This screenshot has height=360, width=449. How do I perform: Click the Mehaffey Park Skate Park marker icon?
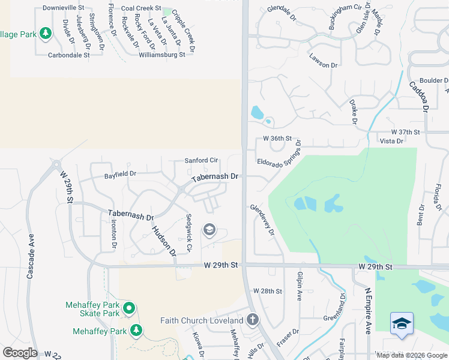129,309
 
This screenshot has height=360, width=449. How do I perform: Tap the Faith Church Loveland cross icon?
253,319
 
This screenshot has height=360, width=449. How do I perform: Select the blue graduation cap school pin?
401,324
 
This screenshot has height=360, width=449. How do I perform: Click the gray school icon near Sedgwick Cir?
209,229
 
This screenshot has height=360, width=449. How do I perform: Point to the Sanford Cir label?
201,161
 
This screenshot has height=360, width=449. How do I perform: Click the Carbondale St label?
69,55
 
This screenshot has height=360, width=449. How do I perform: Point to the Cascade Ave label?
30,255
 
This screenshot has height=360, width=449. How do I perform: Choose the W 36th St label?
277,139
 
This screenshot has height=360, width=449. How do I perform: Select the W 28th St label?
268,291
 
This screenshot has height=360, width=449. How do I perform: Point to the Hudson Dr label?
163,240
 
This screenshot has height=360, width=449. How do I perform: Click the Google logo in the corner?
19,353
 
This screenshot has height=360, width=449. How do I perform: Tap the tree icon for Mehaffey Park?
136,331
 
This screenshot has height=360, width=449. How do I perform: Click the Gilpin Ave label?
300,286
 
